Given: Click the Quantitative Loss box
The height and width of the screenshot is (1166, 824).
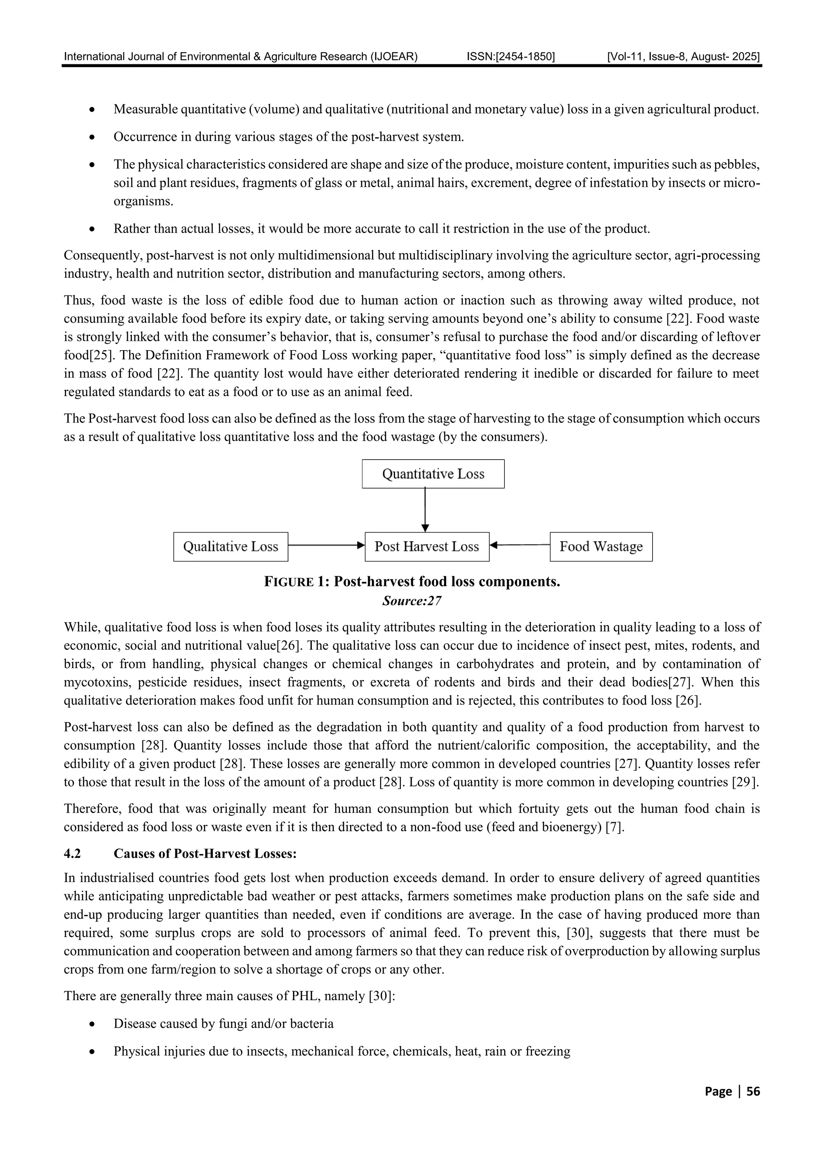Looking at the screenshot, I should click(x=433, y=474).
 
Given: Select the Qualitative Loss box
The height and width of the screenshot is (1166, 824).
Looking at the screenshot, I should click(x=231, y=547).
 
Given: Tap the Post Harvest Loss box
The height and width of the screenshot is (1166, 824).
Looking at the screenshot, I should click(x=426, y=547).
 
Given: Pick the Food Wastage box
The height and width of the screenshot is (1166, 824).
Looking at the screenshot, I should click(x=601, y=547).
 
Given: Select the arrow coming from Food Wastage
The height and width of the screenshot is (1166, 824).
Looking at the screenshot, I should click(x=520, y=545).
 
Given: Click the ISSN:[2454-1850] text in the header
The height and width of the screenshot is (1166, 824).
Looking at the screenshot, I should click(x=510, y=56).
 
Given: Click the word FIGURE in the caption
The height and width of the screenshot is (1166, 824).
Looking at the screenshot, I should click(x=288, y=582).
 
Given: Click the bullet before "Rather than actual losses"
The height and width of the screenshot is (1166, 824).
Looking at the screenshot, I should click(x=91, y=229).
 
